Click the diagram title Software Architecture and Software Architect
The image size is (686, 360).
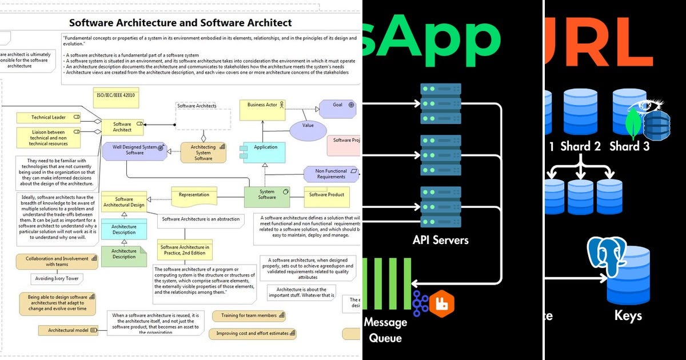180,23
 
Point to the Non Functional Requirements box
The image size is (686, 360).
331,174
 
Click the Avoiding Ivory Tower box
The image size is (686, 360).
57,279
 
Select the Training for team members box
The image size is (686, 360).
249,315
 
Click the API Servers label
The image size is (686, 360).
440,240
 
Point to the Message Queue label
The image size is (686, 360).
385,330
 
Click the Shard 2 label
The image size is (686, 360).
580,146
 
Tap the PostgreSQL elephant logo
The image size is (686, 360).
607,257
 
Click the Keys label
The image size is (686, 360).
628,315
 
